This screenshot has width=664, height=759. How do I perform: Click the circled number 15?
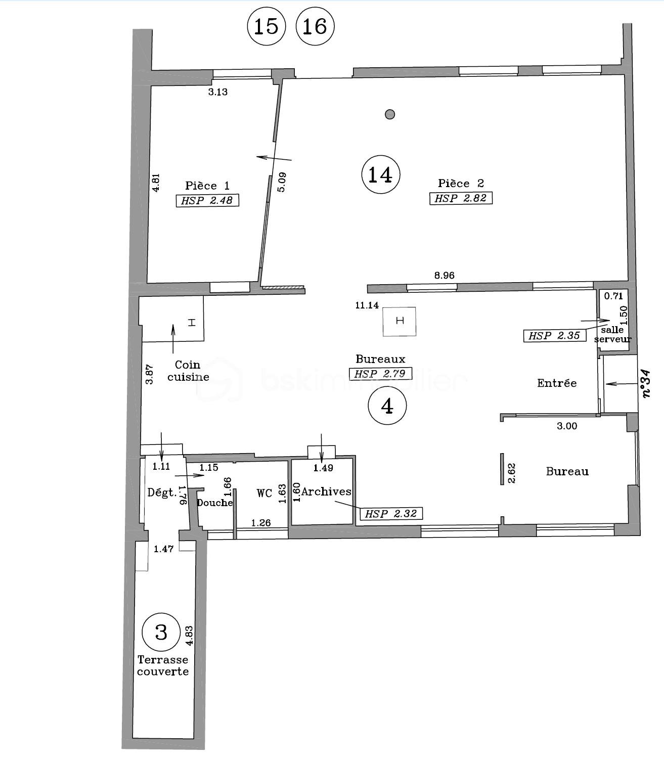click(267, 26)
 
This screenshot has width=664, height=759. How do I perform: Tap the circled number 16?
click(315, 26)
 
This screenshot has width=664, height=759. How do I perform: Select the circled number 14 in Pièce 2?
click(381, 174)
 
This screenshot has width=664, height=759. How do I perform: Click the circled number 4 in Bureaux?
click(387, 406)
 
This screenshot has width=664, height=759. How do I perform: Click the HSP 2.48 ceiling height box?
click(207, 200)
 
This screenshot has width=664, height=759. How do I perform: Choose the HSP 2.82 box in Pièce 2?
click(461, 198)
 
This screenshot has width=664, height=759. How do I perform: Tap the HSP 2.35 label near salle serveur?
click(555, 335)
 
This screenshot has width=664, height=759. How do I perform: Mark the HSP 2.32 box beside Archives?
click(391, 513)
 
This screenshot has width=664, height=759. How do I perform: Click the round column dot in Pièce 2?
click(389, 114)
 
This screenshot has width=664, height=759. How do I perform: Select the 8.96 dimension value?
click(444, 275)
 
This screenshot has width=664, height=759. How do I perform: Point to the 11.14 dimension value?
click(367, 305)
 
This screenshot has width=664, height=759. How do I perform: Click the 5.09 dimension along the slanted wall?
click(282, 182)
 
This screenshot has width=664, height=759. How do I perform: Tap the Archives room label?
click(326, 492)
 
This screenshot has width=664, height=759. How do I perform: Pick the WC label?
click(264, 493)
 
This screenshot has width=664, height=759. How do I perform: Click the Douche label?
click(215, 502)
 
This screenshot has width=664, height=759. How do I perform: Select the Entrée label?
click(557, 383)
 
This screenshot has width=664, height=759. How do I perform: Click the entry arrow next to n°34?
click(622, 384)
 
